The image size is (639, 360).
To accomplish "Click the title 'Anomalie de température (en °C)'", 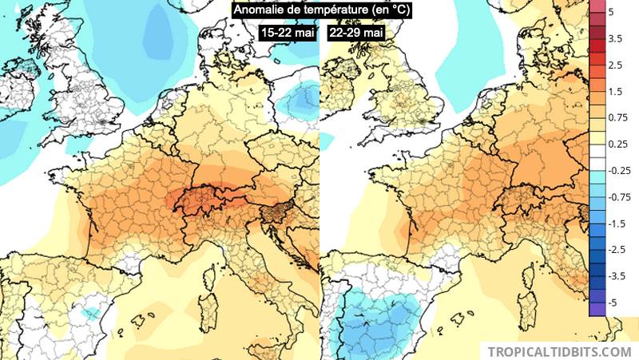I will tap(312, 10).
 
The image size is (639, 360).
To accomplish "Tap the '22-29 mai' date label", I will tap(356, 33).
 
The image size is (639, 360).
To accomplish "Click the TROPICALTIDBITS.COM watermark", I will tap(559, 351).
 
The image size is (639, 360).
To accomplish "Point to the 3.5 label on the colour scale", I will tap(616, 38).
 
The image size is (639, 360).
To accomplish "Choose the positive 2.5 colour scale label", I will tap(616, 65).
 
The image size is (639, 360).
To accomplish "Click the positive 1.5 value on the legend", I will tap(616, 92).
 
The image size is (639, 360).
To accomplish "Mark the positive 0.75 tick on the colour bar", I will tap(617, 118).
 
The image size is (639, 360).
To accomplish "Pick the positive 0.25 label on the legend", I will tap(617, 144).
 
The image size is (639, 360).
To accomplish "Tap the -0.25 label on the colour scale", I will tap(619, 171).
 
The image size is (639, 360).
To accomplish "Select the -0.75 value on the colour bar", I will tap(619, 197).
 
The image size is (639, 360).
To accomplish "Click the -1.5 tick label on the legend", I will tap(617, 224).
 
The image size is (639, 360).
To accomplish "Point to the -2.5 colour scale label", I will tap(617, 250).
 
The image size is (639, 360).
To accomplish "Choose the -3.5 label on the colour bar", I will tap(617, 276).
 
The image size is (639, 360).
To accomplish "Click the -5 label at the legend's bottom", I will tap(613, 303).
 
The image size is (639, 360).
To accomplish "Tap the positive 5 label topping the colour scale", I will tap(610, 13).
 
